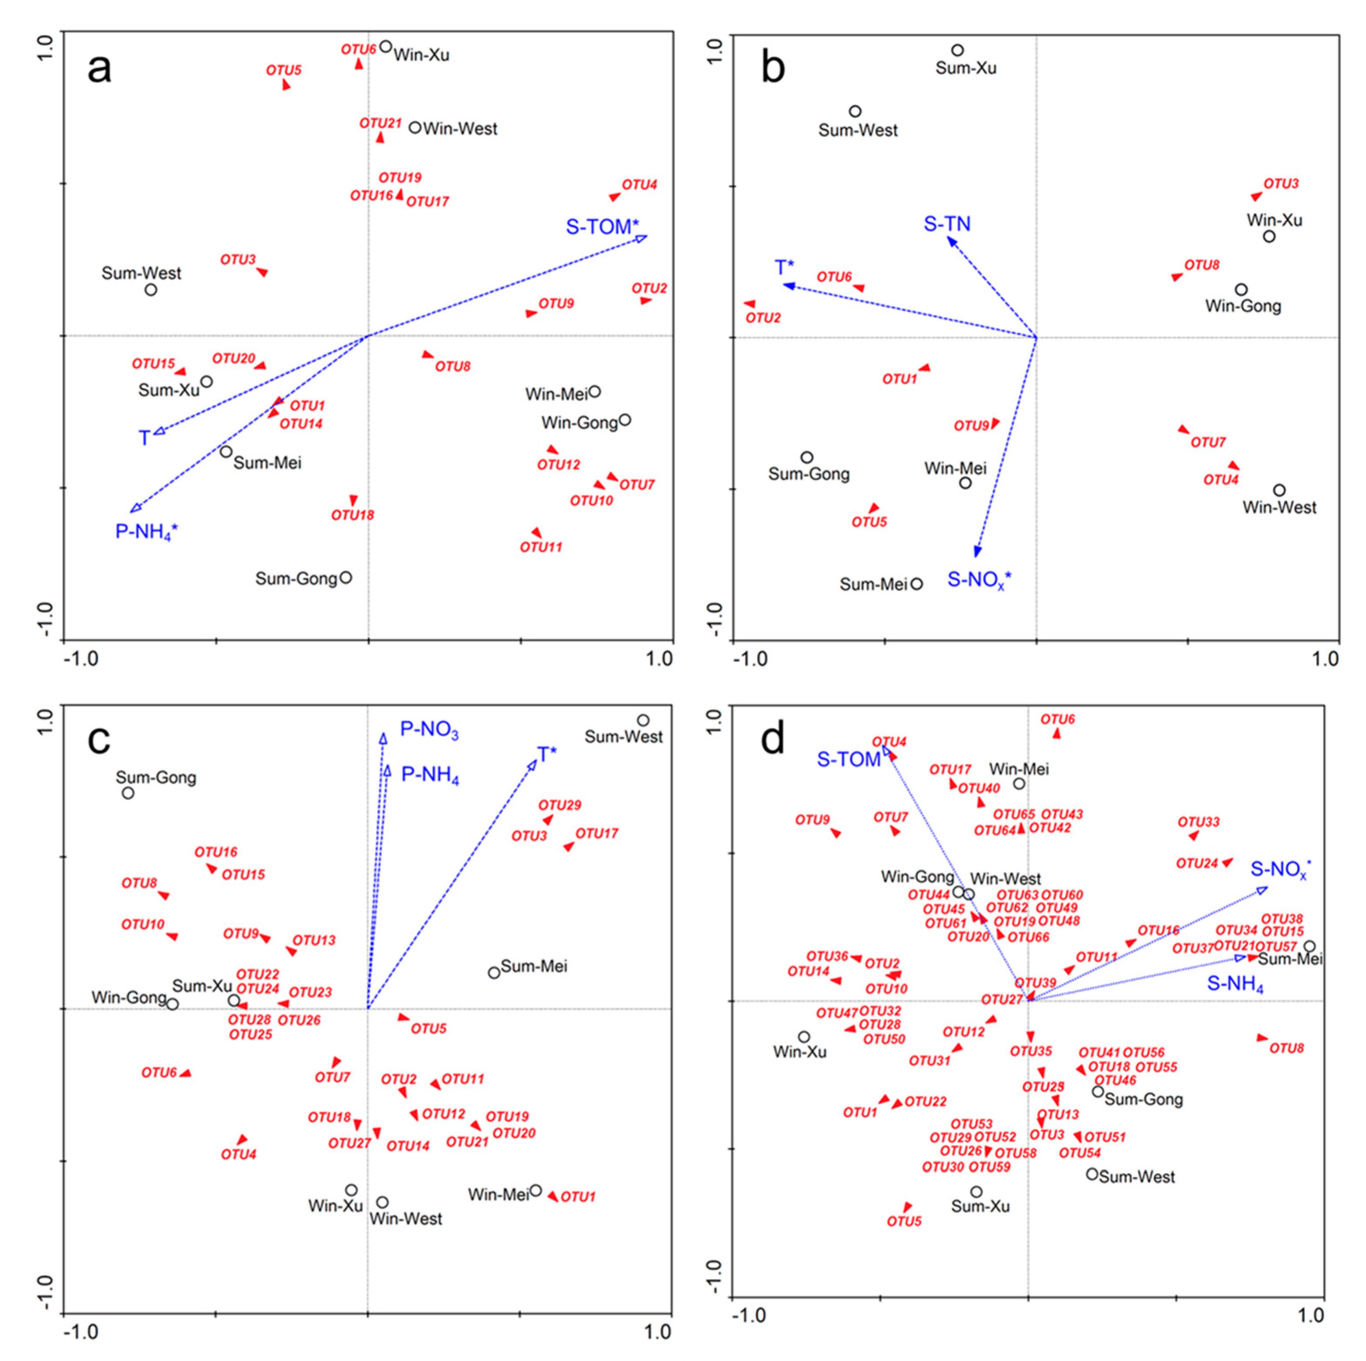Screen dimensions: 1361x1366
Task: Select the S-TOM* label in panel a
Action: (x=602, y=227)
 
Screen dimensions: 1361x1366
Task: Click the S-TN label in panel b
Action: (x=948, y=224)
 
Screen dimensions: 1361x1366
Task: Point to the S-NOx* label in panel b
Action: (x=979, y=580)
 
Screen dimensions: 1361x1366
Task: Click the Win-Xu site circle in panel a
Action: (x=385, y=47)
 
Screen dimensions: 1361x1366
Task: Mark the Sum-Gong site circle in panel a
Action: (x=346, y=578)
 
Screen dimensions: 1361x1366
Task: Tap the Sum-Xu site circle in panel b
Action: (x=957, y=50)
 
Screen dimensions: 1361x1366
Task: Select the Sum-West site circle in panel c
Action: (x=643, y=720)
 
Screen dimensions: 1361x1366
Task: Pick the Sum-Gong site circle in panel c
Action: (x=128, y=793)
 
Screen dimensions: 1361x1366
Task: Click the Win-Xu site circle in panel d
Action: (x=804, y=1037)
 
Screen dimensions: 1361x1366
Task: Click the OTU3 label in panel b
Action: (x=1281, y=184)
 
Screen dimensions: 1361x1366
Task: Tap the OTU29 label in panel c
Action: (x=559, y=805)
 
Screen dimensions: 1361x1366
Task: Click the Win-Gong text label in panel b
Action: (x=1243, y=306)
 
